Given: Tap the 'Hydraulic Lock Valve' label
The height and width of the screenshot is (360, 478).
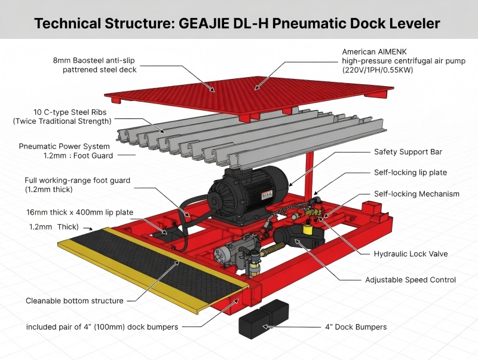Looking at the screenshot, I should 410,254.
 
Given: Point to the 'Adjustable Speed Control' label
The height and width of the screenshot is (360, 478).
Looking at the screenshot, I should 410,279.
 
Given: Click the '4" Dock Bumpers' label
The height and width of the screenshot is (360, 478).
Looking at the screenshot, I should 356,327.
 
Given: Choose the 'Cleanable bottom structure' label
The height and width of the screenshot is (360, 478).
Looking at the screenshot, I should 75,301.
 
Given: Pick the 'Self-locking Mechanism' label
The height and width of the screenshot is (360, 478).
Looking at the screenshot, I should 416,194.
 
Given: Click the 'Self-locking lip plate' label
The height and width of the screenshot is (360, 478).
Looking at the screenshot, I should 410,173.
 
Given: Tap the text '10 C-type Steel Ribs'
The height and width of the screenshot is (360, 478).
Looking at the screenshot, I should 71,112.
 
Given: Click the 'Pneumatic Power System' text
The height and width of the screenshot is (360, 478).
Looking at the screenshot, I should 65,146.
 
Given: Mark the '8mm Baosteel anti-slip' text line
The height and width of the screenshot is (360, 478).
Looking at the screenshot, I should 94,60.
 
